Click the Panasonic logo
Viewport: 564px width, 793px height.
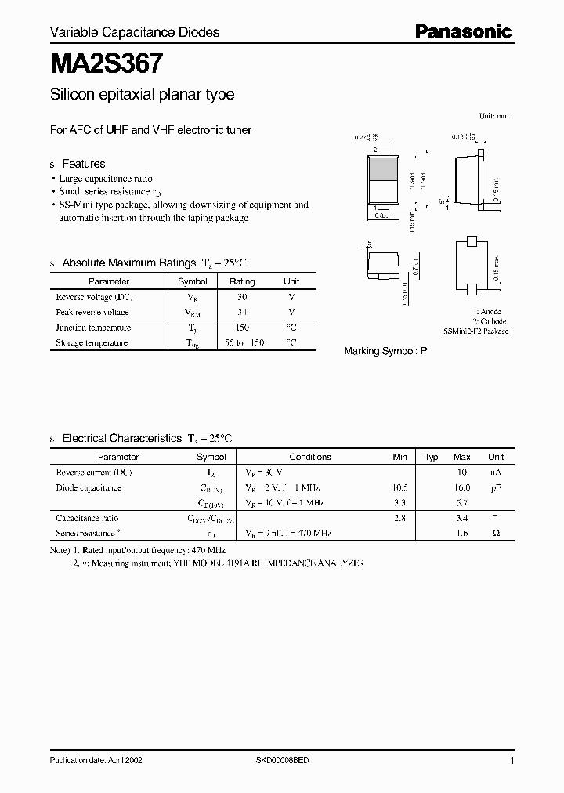463,31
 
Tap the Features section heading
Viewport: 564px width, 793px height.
83,164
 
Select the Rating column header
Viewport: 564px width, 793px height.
242,281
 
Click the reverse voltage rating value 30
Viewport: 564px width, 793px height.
242,298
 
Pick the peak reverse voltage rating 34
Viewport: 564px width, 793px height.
242,313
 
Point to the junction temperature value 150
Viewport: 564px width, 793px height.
242,328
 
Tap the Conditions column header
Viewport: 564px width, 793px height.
310,457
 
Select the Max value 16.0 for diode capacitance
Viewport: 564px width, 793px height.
461,487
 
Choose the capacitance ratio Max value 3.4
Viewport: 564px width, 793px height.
462,518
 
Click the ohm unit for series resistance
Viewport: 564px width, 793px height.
496,533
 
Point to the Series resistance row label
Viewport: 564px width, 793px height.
88,533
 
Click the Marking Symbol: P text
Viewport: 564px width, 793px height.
385,352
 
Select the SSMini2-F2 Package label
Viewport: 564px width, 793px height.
475,331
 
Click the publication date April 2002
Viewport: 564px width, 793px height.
96,761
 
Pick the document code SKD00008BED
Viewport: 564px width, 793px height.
283,761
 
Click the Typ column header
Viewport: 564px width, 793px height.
431,457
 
